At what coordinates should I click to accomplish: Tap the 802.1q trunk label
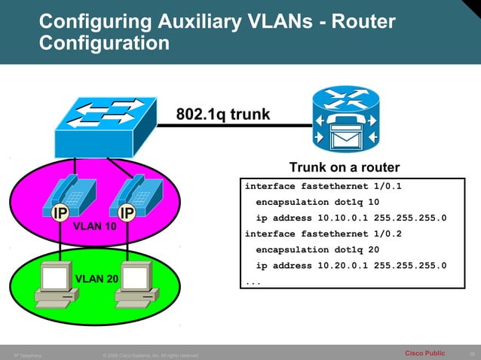[222, 114]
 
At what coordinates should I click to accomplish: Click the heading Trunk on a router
[344, 167]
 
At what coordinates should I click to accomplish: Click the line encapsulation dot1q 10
[317, 202]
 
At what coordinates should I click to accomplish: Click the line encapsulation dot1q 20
[317, 249]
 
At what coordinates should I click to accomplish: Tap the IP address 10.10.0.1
[325, 218]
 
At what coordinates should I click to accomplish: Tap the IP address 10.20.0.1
[325, 265]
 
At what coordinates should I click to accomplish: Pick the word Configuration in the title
[104, 43]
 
